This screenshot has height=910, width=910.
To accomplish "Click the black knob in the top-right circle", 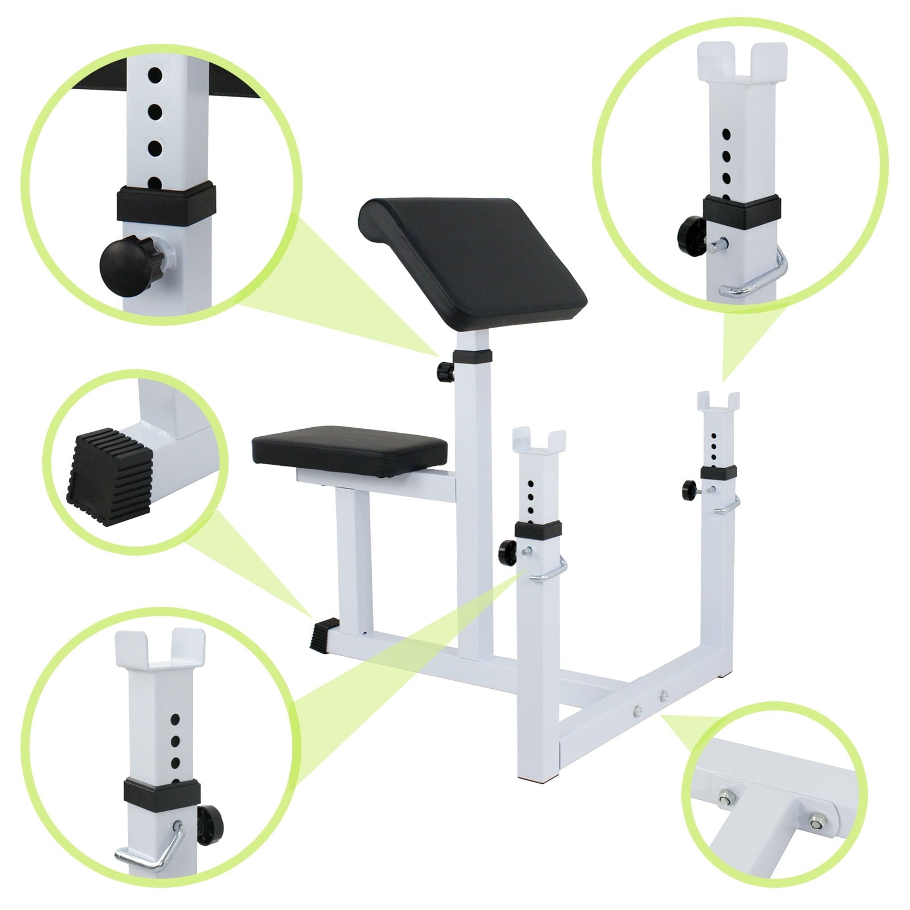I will [x=689, y=230].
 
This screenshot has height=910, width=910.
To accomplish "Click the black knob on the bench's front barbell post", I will [x=507, y=550].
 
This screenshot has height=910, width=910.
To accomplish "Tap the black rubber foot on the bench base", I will [x=323, y=633].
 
